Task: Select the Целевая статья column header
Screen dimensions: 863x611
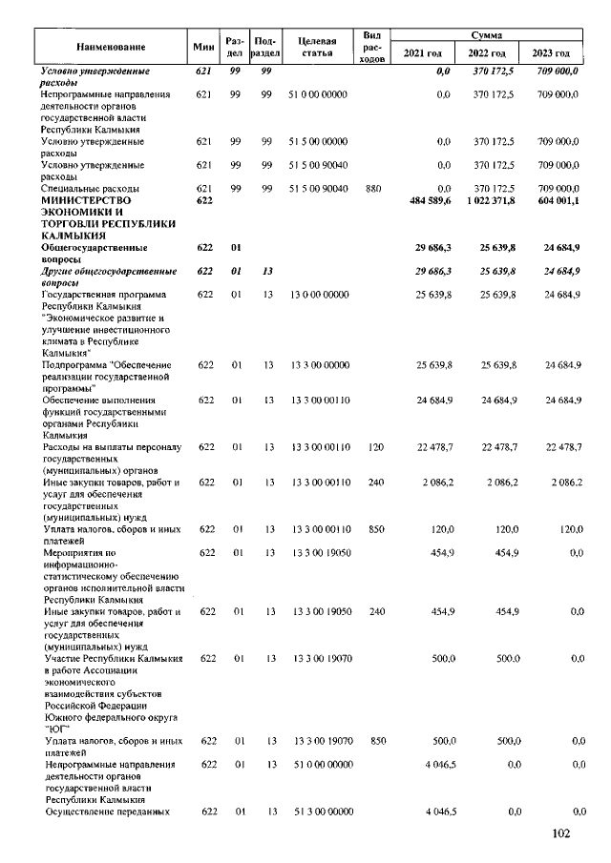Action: [317, 46]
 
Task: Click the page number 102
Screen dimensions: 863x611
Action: [560, 835]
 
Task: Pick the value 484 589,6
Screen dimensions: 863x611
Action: [428, 201]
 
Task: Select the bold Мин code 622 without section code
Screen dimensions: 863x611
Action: [202, 201]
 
